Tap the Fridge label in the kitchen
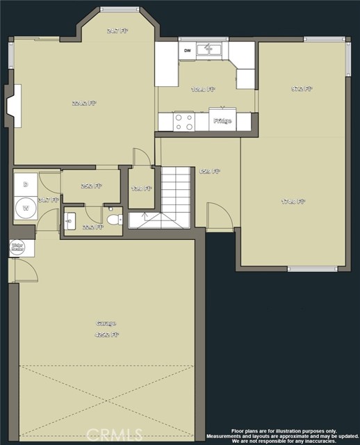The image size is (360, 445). pyautogui.click(x=222, y=121)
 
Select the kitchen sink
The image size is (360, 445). pyautogui.click(x=208, y=49)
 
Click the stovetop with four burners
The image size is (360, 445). pyautogui.click(x=184, y=122)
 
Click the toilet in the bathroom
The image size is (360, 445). pyautogui.click(x=113, y=220)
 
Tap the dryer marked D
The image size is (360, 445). pyautogui.click(x=26, y=185)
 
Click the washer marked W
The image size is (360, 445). pyautogui.click(x=26, y=207)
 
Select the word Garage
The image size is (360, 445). pyautogui.click(x=106, y=323)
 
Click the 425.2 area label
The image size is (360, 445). pyautogui.click(x=108, y=334)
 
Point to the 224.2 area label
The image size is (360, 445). pyautogui.click(x=84, y=103)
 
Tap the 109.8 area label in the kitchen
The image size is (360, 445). pyautogui.click(x=204, y=89)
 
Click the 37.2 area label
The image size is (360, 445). pyautogui.click(x=302, y=89)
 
